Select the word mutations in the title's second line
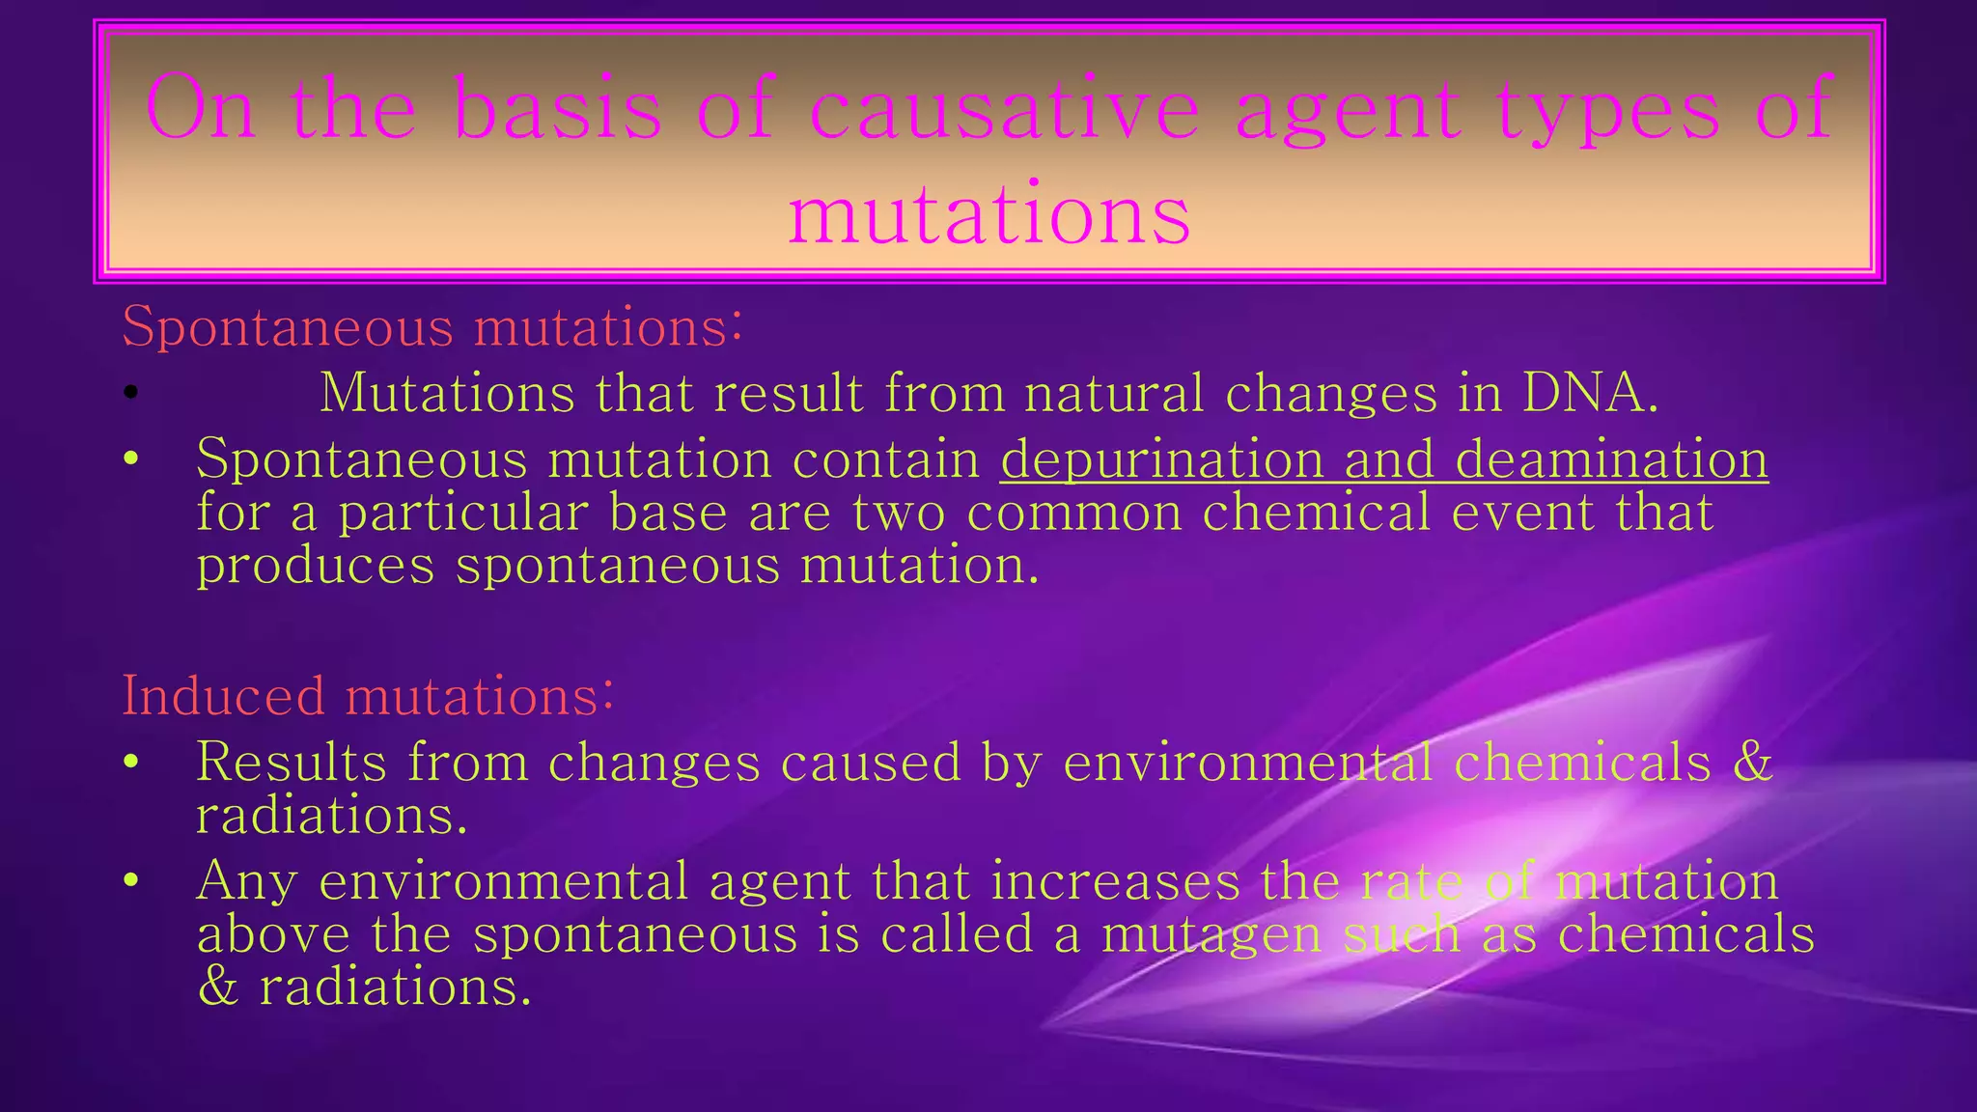pos(989,214)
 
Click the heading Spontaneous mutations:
pos(432,326)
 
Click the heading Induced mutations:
pos(368,696)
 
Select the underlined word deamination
pos(1611,459)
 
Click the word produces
pos(316,565)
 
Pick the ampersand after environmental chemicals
pos(1753,762)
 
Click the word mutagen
pos(1211,934)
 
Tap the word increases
pos(1115,881)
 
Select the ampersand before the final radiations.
pos(217,987)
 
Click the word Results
pos(291,762)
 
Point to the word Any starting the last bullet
pos(245,881)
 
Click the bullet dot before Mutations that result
pos(132,393)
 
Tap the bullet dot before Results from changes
pos(132,763)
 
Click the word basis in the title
pos(557,109)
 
